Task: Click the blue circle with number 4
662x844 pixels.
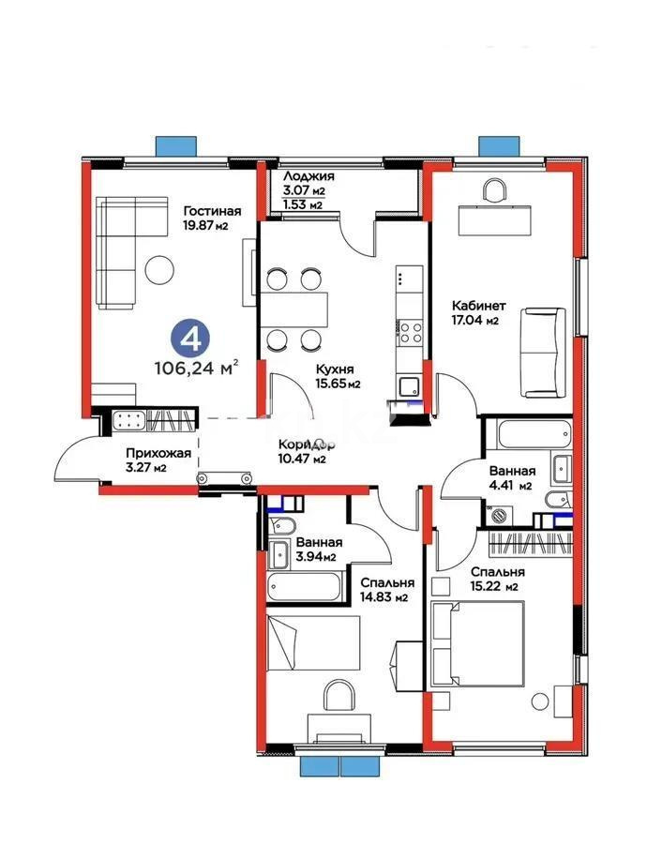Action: tap(192, 336)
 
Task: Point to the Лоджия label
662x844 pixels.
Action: tap(308, 176)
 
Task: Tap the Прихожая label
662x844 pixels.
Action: tap(158, 453)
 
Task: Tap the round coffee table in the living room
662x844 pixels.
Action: tap(160, 270)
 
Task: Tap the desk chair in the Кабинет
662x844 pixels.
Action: tap(492, 190)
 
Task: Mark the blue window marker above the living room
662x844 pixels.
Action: tap(176, 146)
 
